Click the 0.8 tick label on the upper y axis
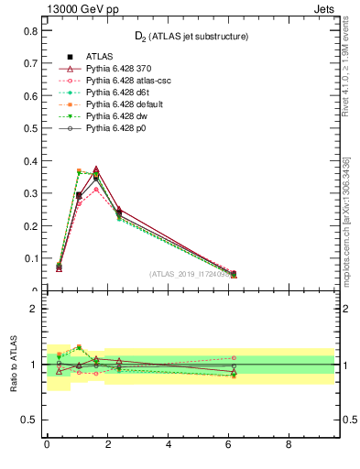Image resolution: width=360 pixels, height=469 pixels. [30, 30]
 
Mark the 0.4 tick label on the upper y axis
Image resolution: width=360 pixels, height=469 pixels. [30, 161]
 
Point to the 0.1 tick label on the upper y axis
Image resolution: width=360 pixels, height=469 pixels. [30, 259]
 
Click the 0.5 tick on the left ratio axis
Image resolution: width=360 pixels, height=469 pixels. [30, 420]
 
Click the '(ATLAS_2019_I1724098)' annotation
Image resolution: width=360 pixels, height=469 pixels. [190, 273]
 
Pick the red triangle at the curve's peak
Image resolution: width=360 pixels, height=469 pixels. [96, 169]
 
